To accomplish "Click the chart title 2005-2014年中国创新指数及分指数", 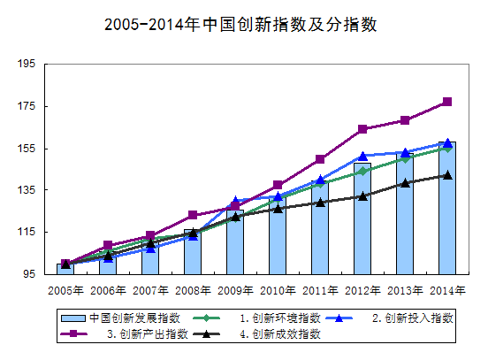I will point(240,24).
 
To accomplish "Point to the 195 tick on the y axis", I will point(26,65).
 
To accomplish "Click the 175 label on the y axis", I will point(26,107).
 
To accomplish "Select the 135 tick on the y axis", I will point(26,190).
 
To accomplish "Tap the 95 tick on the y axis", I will point(28,274).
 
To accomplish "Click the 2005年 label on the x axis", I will point(65,290).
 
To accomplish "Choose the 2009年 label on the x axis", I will point(235,290).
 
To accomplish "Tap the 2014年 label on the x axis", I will point(447,290).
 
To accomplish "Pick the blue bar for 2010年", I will point(278,237).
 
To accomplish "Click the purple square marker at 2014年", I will point(447,102).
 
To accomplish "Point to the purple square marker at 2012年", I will point(362,129).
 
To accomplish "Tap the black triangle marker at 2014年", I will point(447,175).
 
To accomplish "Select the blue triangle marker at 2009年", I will point(235,202).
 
